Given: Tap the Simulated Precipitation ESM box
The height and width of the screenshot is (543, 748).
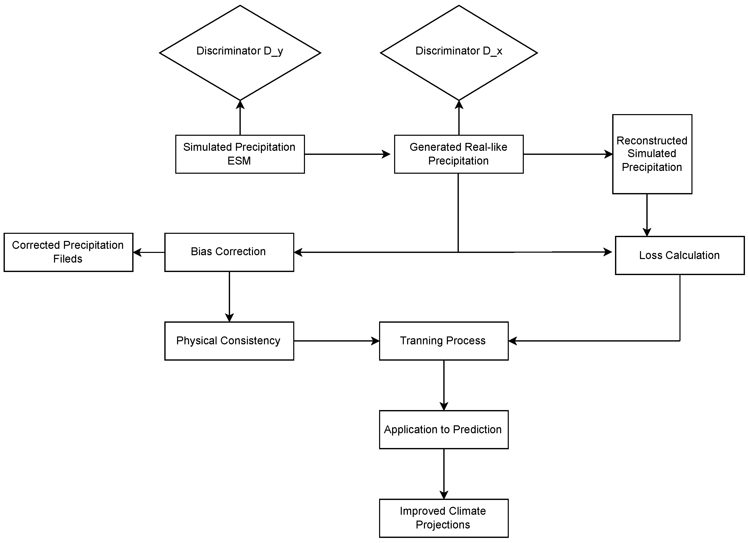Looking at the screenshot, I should point(240,154).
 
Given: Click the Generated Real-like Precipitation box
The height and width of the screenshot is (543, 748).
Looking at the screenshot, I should point(458,154).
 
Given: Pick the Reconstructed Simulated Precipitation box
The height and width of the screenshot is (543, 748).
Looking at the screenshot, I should point(652,154).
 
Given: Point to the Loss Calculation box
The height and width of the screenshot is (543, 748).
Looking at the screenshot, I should point(679,255).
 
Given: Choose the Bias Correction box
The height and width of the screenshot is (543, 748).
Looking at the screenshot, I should point(229,252).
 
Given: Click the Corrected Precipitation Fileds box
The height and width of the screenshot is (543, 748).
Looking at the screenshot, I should point(68,252).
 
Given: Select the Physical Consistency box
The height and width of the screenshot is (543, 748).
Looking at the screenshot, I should point(229,341).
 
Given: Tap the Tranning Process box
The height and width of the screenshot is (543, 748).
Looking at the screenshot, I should point(444,341).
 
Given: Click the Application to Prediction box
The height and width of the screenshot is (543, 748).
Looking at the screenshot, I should point(444,429).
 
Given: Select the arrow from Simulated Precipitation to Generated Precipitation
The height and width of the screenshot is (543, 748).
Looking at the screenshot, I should point(346,154).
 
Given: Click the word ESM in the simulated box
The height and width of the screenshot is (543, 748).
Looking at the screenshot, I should point(239,161).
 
